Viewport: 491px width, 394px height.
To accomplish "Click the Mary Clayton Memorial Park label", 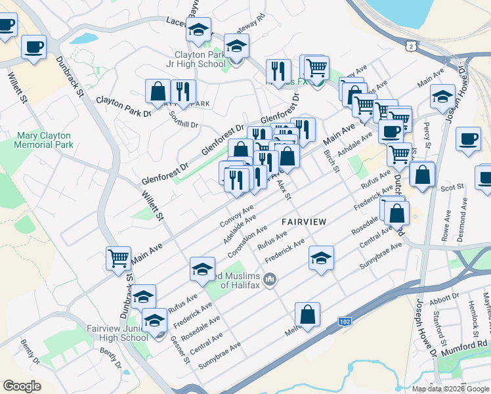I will [x=44, y=139].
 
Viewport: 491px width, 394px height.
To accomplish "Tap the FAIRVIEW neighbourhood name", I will [x=304, y=222].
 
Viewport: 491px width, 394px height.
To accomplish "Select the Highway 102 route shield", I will [x=345, y=321].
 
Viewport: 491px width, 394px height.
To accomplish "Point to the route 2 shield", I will [x=410, y=46].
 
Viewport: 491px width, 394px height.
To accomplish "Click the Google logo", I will [x=22, y=385].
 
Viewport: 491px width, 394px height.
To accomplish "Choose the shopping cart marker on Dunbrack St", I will [x=118, y=258].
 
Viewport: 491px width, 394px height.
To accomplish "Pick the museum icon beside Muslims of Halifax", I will [x=269, y=281].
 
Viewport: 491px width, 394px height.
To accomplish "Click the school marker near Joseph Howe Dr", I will [x=443, y=97].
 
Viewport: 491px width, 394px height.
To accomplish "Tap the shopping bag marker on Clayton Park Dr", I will [x=158, y=91].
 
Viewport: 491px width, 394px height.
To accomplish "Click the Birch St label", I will [x=331, y=161].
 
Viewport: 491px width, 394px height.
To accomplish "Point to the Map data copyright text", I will [x=451, y=388].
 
